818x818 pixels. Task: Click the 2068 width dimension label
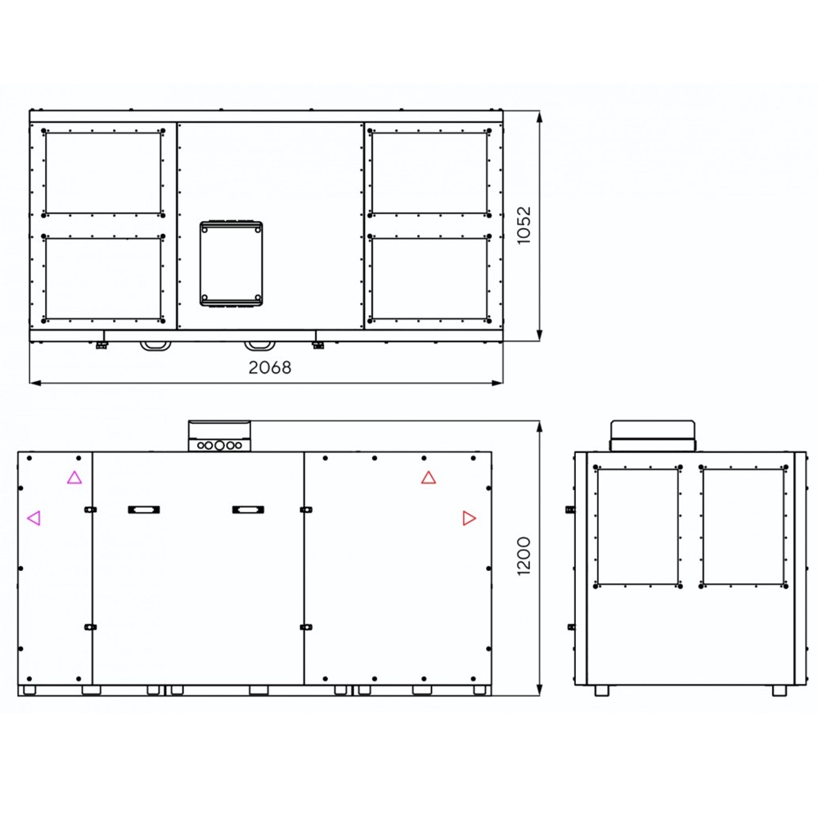[270, 368]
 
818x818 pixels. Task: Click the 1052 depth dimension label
[524, 225]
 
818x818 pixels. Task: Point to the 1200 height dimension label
[524, 556]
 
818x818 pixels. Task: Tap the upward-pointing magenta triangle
[74, 478]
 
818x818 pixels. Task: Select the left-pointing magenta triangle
[34, 518]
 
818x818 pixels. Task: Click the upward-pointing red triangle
[429, 478]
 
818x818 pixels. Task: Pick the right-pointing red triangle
[470, 518]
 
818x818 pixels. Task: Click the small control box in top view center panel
[231, 263]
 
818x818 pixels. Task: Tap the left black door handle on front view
[144, 510]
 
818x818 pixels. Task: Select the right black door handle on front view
[249, 510]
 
